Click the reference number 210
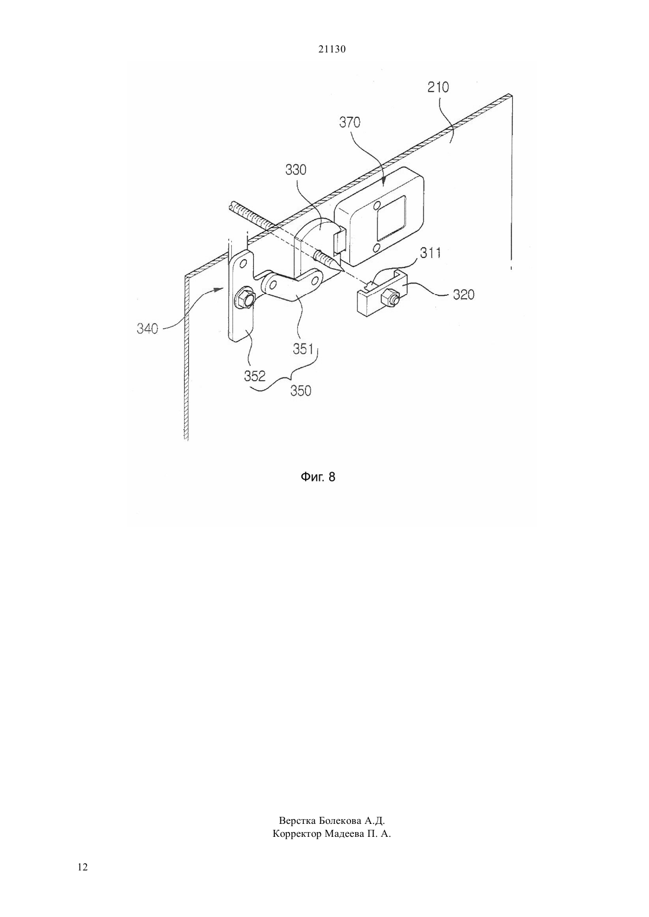coord(438,87)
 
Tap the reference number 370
coord(349,123)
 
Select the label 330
coord(296,170)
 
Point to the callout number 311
coord(430,253)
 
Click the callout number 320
coord(463,294)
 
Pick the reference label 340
coord(147,328)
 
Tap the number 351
coord(303,349)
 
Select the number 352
coord(255,376)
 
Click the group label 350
coord(301,391)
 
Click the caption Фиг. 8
coord(318,477)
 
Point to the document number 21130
coord(332,49)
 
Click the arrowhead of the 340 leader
coord(221,289)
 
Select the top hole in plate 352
coord(243,262)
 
